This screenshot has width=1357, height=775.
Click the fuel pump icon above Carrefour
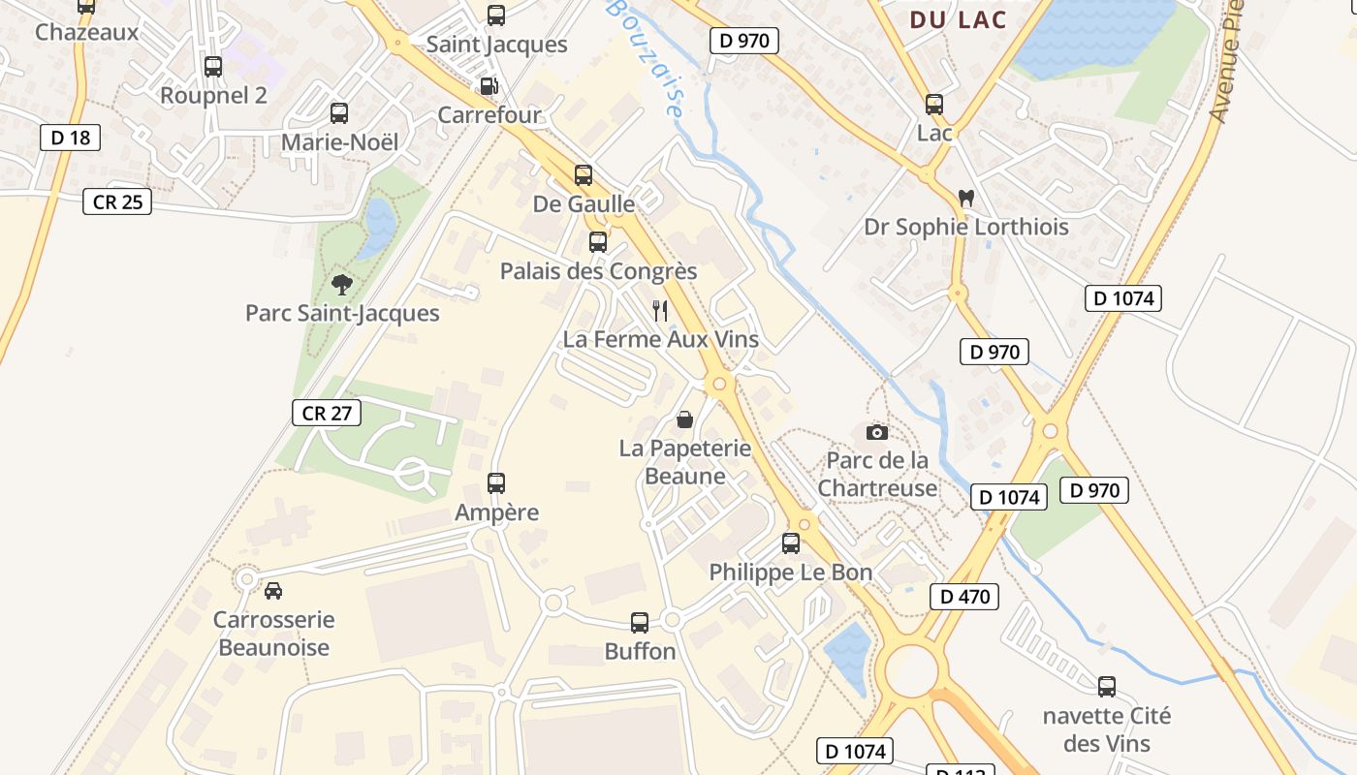point(489,86)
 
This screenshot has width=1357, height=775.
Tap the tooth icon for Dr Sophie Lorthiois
point(965,198)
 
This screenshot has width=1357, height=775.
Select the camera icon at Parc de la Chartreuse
point(877,432)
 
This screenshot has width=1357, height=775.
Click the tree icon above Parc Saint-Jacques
point(341,284)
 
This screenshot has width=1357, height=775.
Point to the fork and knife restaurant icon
point(660,310)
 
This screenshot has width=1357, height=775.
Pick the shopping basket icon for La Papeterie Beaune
point(684,419)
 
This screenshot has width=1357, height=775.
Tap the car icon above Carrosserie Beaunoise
point(273,590)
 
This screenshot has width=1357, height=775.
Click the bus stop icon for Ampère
point(496,482)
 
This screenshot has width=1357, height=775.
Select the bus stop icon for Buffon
point(640,622)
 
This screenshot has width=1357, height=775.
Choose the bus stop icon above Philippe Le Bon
point(791,542)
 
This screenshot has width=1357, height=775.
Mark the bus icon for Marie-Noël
point(339,113)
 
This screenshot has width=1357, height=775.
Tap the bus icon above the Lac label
point(934,105)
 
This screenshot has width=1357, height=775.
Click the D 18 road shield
point(71,138)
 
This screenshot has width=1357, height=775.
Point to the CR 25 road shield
point(117,201)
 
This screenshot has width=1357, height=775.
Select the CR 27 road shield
point(327,413)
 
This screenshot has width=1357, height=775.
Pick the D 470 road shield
point(964,596)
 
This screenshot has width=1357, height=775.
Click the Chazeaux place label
point(87,32)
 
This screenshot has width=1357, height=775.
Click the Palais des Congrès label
point(598,271)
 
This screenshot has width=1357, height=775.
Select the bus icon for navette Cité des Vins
point(1107,687)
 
